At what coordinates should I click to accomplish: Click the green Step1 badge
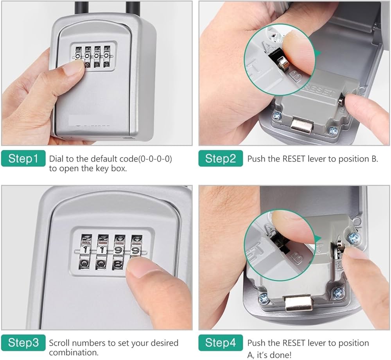[23, 158]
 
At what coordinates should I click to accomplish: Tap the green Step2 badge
[221, 158]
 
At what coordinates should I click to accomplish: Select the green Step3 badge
[23, 342]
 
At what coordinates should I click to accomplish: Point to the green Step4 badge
[221, 342]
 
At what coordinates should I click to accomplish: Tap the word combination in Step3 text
[74, 353]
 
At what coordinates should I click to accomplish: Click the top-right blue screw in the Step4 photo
[354, 238]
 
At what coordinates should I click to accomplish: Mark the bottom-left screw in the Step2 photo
[276, 116]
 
